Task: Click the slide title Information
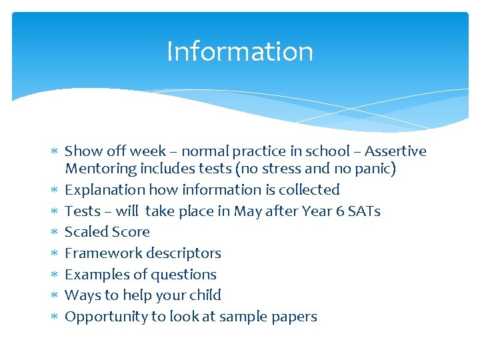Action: click(239, 51)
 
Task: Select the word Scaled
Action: click(85, 232)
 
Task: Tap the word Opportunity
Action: click(106, 317)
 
